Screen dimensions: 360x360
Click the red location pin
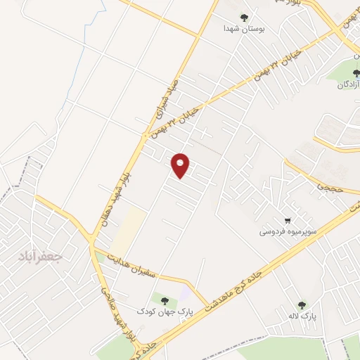181,165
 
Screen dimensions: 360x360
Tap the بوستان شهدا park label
243,29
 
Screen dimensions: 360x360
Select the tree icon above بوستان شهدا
245,18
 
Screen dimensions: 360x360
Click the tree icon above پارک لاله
302,305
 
